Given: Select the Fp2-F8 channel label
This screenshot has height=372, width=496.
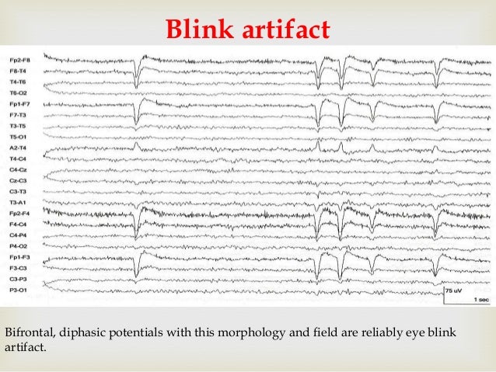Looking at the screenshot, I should [20, 60].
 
